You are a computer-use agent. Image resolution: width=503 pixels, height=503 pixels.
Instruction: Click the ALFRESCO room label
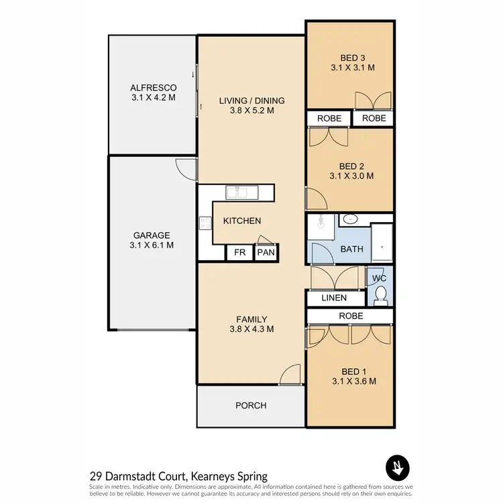click(x=153, y=88)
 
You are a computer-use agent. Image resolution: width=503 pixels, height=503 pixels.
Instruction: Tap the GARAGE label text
click(x=151, y=235)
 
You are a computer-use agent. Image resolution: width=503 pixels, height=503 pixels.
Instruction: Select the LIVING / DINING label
click(x=251, y=101)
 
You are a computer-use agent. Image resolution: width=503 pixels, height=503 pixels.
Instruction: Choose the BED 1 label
click(x=351, y=372)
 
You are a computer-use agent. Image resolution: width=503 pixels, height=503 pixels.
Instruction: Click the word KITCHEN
click(x=242, y=221)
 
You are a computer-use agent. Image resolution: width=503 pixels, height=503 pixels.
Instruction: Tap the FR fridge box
click(x=239, y=253)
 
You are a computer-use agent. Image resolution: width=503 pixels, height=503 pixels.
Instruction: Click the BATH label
click(x=351, y=249)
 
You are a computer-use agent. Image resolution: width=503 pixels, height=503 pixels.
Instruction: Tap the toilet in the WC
click(x=381, y=294)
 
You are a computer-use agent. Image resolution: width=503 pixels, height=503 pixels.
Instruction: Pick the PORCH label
click(x=251, y=405)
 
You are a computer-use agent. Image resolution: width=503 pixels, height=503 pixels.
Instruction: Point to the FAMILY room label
click(x=251, y=319)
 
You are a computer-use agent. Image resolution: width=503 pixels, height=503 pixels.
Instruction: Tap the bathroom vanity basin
click(x=350, y=219)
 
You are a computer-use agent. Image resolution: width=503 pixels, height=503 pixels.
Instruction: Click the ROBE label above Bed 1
click(x=351, y=315)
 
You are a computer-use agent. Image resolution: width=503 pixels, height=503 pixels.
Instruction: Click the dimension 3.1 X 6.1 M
click(x=151, y=245)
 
